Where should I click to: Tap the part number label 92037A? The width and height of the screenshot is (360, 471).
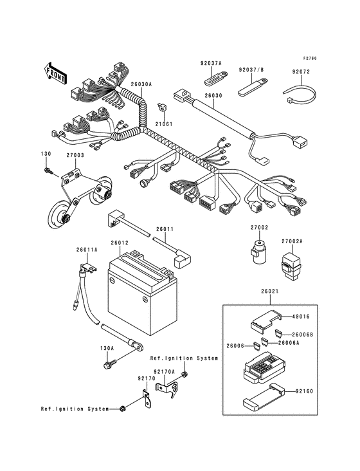(210, 63)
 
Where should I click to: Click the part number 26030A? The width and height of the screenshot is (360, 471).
(141, 84)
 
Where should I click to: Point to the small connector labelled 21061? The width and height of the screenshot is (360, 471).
(160, 106)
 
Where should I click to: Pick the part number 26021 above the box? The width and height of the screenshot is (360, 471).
(270, 291)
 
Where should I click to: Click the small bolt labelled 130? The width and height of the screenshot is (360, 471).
(49, 171)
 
